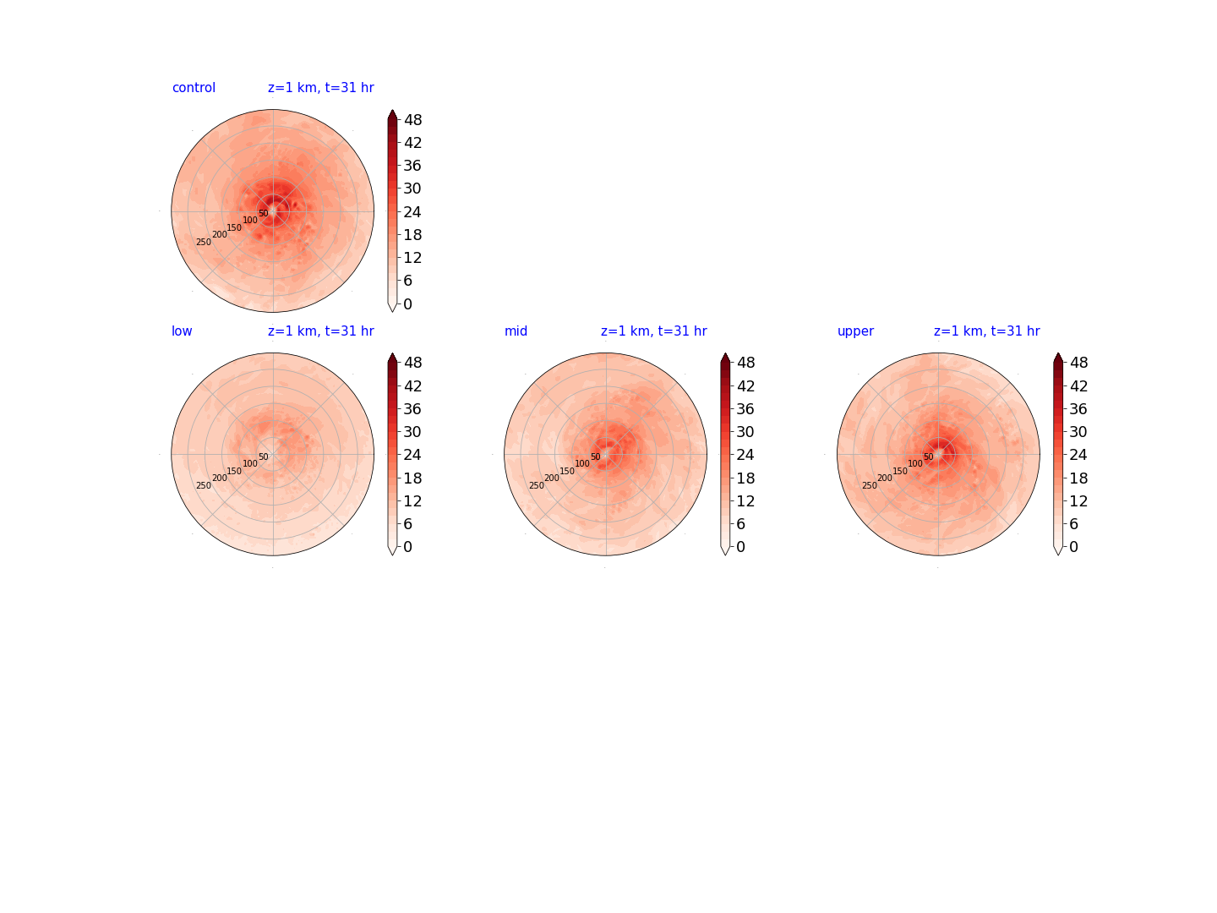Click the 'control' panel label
coord(194,88)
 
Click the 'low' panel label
coord(182,331)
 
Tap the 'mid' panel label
coord(516,331)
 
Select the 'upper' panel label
coord(855,331)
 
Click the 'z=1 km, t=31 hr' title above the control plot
coord(321,88)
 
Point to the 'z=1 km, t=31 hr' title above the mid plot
coord(653,331)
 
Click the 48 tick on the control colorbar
coord(412,120)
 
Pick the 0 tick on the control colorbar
coord(407,303)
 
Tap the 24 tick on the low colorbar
coord(412,455)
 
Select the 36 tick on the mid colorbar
coord(745,409)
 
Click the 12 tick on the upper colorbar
coord(1078,501)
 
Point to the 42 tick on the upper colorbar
coord(1078,385)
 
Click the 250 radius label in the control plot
coord(204,243)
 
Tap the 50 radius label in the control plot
coord(264,213)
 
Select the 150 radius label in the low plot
coord(234,471)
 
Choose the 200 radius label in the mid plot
coord(552,478)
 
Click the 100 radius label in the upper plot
coord(914,463)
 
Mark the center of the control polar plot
coord(273,211)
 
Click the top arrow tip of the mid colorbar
coord(725,353)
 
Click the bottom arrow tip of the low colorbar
coord(392,555)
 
